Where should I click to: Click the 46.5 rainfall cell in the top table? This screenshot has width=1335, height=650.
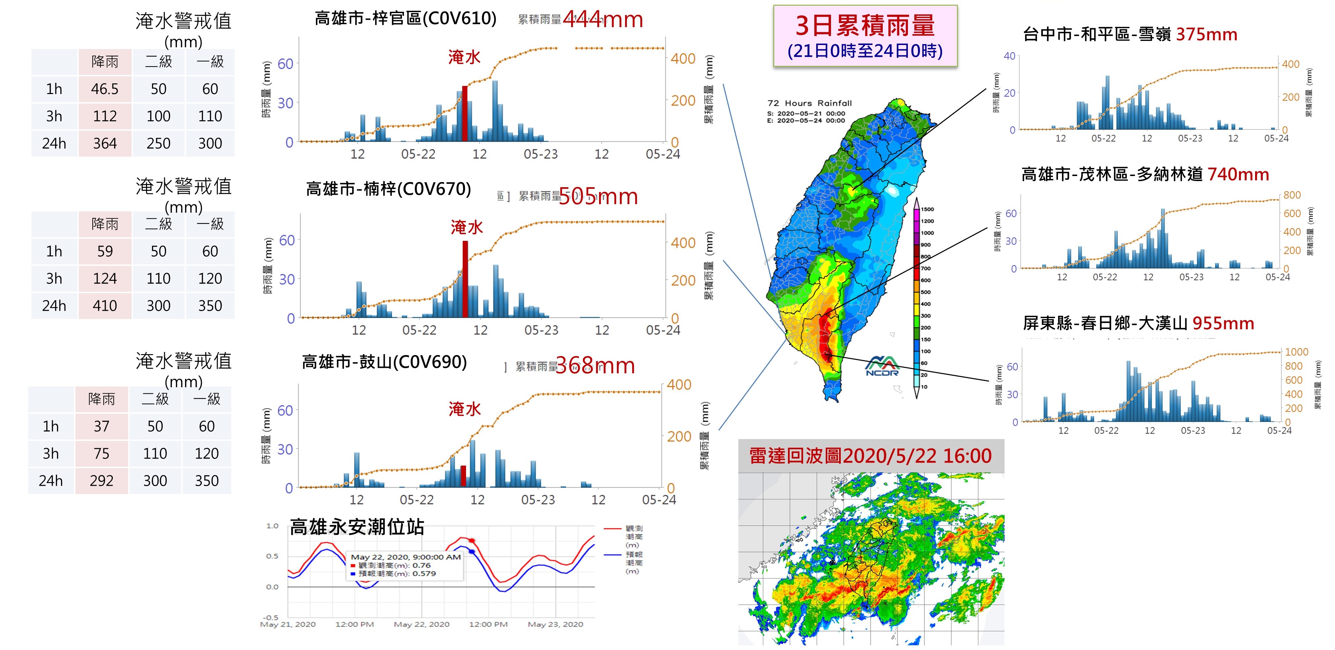pos(105,89)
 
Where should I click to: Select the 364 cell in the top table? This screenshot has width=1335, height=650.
pos(105,143)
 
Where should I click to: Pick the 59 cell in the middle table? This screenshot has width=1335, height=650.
pos(105,251)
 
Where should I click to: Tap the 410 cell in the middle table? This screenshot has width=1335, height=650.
pos(105,306)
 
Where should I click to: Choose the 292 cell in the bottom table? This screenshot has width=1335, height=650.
pos(102,481)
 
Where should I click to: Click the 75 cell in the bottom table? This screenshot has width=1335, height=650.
pos(102,453)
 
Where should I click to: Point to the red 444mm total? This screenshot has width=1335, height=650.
pos(603,20)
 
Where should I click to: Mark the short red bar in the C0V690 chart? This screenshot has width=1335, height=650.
pos(463,476)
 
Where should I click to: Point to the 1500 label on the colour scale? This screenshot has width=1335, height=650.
pos(928,209)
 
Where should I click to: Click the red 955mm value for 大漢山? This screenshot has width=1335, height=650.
pos(1223,323)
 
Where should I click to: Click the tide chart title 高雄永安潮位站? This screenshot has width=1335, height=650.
pos(357,527)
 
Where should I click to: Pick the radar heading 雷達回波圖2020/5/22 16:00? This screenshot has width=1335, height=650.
pos(870,456)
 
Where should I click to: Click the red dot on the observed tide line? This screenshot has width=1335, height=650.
pos(472,540)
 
